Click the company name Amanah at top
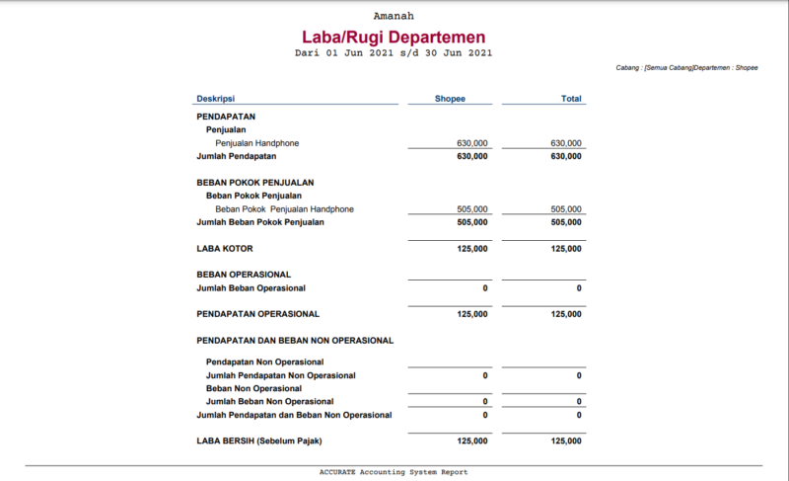pos(394,16)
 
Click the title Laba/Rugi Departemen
pos(394,37)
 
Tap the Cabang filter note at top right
pos(686,68)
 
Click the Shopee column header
pos(450,99)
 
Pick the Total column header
pos(571,99)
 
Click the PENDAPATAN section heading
pos(226,117)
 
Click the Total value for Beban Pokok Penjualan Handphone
pos(566,209)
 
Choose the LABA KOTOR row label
pos(225,249)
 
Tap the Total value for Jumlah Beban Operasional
pos(579,288)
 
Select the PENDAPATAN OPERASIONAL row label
pos(257,314)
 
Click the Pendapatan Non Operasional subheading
pos(265,362)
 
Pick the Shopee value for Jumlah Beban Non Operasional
pos(484,401)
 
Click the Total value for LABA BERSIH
pos(566,441)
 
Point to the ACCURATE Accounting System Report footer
pos(394,472)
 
